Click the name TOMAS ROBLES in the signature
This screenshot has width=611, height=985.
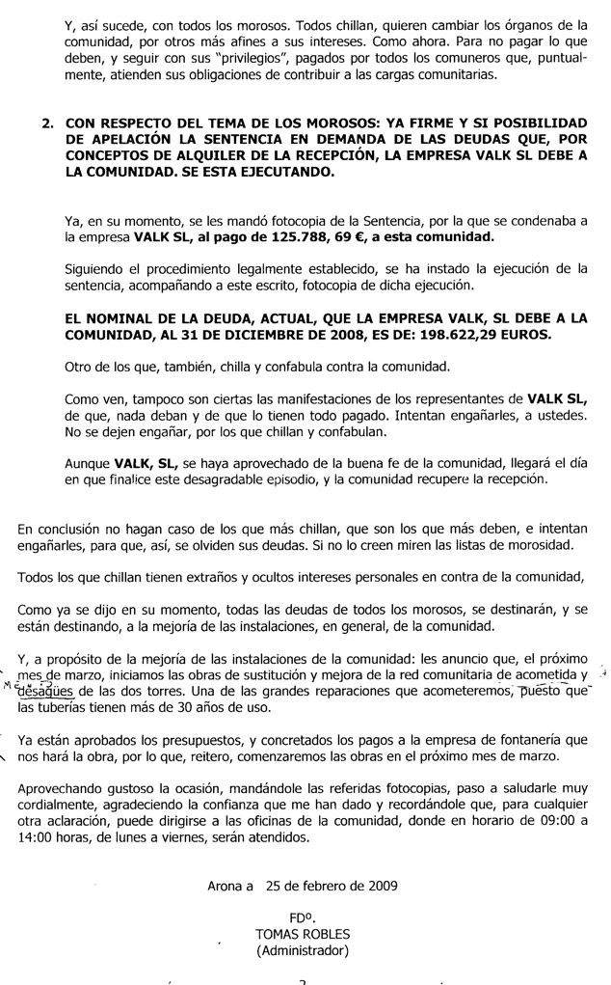pyautogui.click(x=303, y=934)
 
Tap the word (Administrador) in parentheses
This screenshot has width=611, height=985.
pyautogui.click(x=303, y=950)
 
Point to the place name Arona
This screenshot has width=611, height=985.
pyautogui.click(x=227, y=885)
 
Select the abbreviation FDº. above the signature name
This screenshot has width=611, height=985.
pyautogui.click(x=304, y=917)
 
